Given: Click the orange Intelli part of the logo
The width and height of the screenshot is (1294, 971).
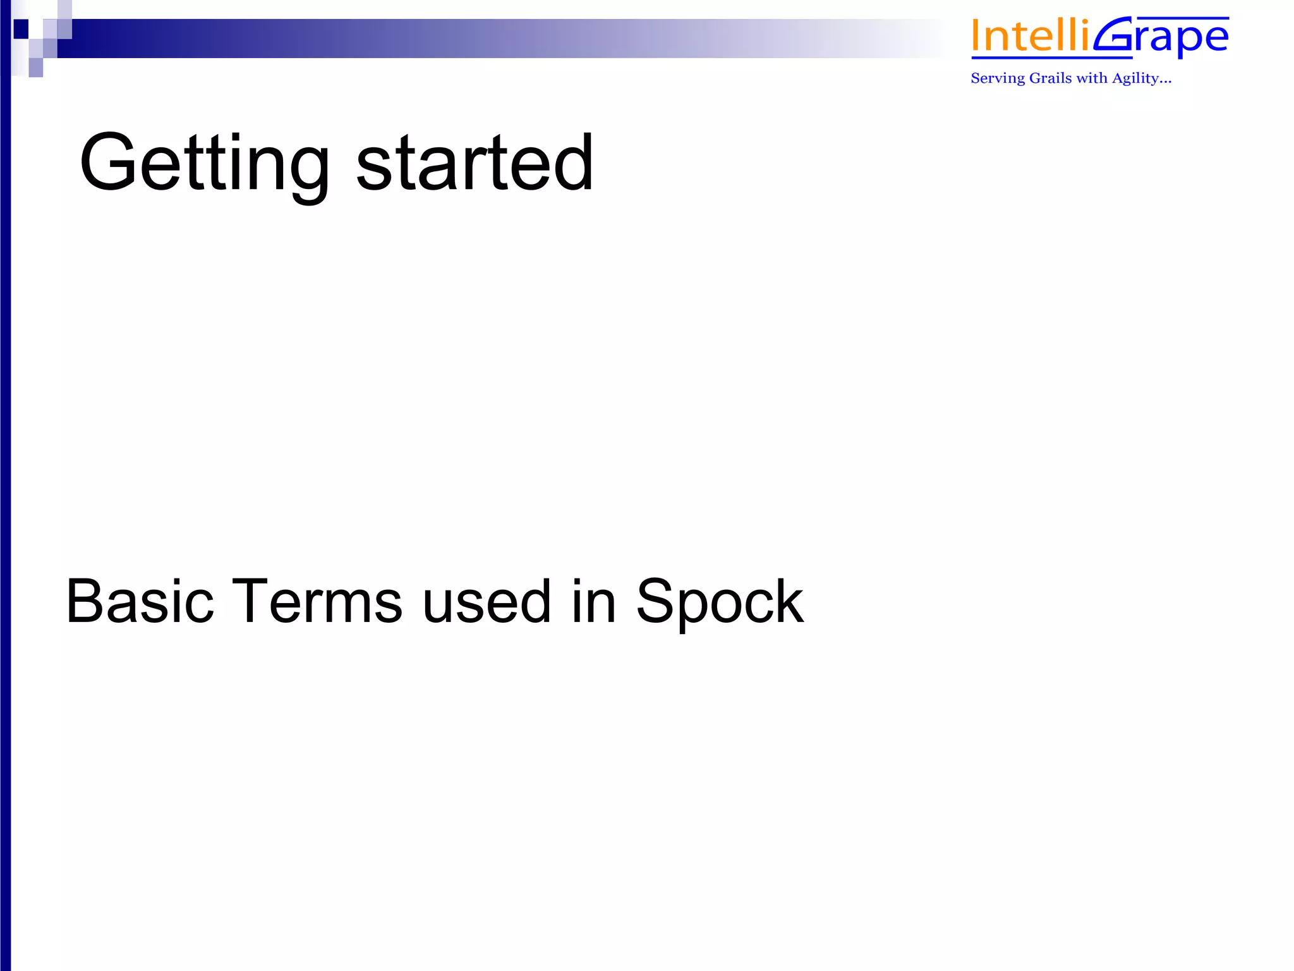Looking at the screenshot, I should (1030, 37).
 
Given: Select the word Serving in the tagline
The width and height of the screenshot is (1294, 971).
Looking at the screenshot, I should (998, 78).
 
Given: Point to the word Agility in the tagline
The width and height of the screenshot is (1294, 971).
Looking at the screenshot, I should (1135, 78).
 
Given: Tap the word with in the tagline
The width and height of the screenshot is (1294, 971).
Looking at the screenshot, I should (1092, 78).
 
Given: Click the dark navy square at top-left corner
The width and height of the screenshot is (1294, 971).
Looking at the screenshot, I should (21, 28).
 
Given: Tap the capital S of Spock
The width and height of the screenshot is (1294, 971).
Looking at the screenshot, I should (655, 601).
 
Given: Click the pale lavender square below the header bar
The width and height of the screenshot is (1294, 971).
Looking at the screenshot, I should (36, 67).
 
